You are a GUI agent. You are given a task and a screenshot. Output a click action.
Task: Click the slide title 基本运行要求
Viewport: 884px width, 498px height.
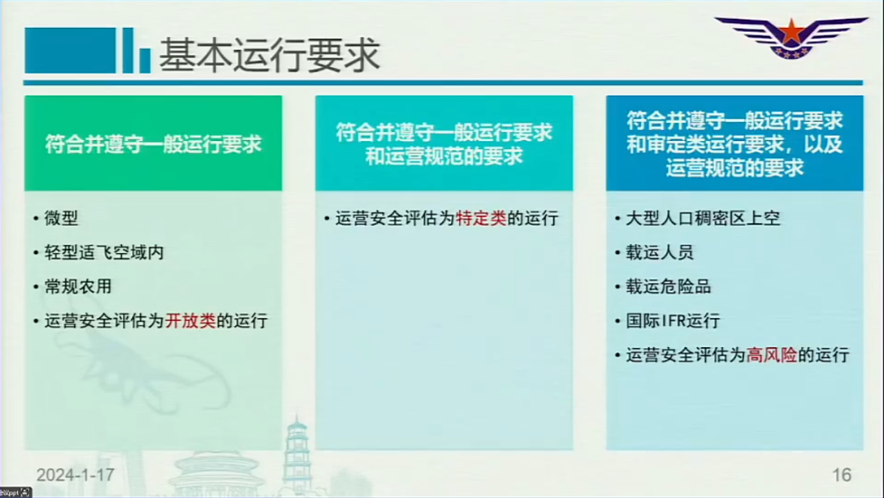(x=269, y=55)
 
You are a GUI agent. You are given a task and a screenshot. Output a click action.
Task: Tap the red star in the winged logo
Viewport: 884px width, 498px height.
(x=792, y=32)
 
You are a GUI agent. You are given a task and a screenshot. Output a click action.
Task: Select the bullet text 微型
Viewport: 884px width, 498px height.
(x=61, y=218)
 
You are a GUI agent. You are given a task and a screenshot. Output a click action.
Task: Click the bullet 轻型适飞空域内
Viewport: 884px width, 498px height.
(x=104, y=252)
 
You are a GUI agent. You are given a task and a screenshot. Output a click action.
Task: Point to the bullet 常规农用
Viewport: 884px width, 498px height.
(x=78, y=287)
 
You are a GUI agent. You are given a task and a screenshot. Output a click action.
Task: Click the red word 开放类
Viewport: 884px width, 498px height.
(x=191, y=321)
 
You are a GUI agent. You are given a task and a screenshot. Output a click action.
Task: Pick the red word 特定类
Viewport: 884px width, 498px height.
(x=481, y=218)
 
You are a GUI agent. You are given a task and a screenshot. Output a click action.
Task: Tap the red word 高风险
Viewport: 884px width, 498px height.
(x=772, y=355)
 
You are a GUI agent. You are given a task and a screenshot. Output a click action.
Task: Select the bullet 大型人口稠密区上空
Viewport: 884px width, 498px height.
(x=703, y=218)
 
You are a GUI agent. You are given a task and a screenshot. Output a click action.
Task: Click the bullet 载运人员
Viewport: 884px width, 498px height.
(x=660, y=252)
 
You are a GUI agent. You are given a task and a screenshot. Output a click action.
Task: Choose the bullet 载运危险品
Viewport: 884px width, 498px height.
(x=668, y=287)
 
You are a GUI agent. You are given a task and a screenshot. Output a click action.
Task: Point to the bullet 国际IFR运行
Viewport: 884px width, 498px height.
(x=673, y=321)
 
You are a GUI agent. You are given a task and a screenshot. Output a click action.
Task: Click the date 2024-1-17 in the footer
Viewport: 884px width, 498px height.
(x=75, y=475)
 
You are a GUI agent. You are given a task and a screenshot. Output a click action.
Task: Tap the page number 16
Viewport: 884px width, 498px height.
(x=841, y=475)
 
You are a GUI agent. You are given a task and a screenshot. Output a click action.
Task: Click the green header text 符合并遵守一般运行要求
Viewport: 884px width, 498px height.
(x=153, y=144)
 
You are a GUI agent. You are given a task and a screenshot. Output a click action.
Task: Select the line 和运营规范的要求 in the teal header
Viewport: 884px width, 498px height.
(x=444, y=156)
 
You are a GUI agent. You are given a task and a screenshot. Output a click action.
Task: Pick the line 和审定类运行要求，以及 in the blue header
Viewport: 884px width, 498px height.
(x=734, y=144)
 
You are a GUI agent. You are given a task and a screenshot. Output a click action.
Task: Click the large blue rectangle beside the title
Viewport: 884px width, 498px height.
(x=70, y=51)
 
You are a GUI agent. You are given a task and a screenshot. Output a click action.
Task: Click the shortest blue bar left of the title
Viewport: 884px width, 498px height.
(x=145, y=61)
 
